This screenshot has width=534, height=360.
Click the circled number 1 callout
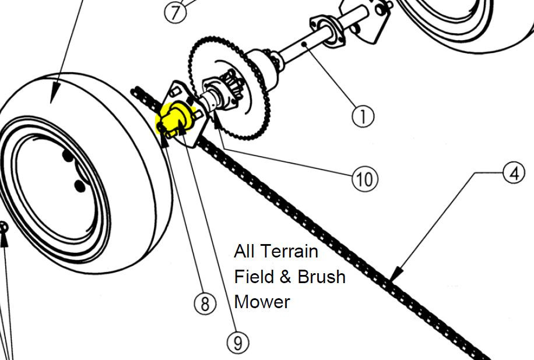pyautogui.click(x=363, y=117)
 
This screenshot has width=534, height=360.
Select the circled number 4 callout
pyautogui.click(x=513, y=174)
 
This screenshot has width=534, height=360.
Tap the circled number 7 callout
pyautogui.click(x=175, y=11)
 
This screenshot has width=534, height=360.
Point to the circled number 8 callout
pyautogui.click(x=204, y=304)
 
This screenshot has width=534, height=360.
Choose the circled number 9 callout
pyautogui.click(x=237, y=343)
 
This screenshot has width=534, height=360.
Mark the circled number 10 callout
pyautogui.click(x=365, y=178)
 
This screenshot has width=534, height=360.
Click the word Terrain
pyautogui.click(x=289, y=251)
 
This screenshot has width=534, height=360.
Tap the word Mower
pyautogui.click(x=262, y=302)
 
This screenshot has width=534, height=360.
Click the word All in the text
pyautogui.click(x=244, y=251)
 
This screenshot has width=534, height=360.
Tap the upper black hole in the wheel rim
pyautogui.click(x=68, y=157)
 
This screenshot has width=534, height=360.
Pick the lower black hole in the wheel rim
pyautogui.click(x=79, y=186)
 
